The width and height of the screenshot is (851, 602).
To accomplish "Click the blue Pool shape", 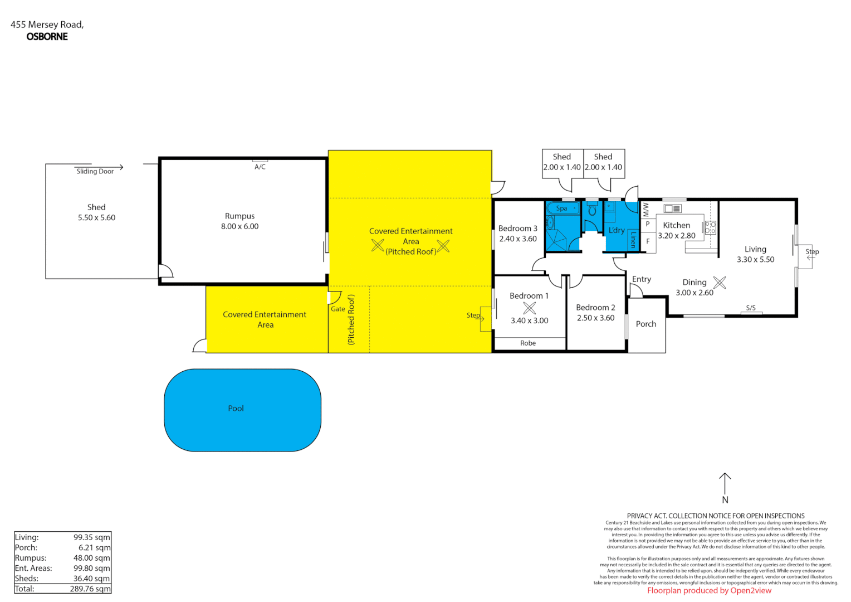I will click(x=242, y=410).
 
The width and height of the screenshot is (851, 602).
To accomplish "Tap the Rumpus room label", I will click(x=239, y=216).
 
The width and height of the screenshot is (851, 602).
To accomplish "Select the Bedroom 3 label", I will click(x=517, y=229).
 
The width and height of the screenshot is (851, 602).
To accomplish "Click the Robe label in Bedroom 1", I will click(x=528, y=343).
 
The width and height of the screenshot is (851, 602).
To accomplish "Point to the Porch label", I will click(x=646, y=324).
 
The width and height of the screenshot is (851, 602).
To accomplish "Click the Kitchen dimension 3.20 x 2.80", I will click(x=677, y=236).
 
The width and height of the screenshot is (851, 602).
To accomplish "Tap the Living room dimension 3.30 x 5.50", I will click(x=755, y=260).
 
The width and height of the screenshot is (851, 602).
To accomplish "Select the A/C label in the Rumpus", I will click(x=260, y=167).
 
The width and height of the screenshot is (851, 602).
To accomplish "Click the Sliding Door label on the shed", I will click(x=95, y=172).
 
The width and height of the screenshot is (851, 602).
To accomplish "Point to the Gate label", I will click(x=338, y=309).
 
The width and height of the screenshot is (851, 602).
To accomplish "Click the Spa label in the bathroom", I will click(x=561, y=208).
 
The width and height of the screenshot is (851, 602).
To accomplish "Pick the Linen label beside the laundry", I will click(x=633, y=240).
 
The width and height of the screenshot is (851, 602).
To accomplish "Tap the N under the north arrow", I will click(x=725, y=500).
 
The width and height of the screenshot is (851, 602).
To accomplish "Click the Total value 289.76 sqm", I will click(x=90, y=589).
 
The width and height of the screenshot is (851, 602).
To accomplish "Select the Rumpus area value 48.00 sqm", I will click(x=92, y=558).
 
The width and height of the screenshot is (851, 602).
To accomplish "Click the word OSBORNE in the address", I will click(x=47, y=37).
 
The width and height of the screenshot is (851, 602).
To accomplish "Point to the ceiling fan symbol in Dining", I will click(x=720, y=283).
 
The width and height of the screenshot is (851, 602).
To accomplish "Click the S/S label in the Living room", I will click(x=751, y=308).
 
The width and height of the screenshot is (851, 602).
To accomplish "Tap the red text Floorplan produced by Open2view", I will click(x=709, y=591).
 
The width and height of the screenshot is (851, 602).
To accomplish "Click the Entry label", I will click(x=642, y=279).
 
